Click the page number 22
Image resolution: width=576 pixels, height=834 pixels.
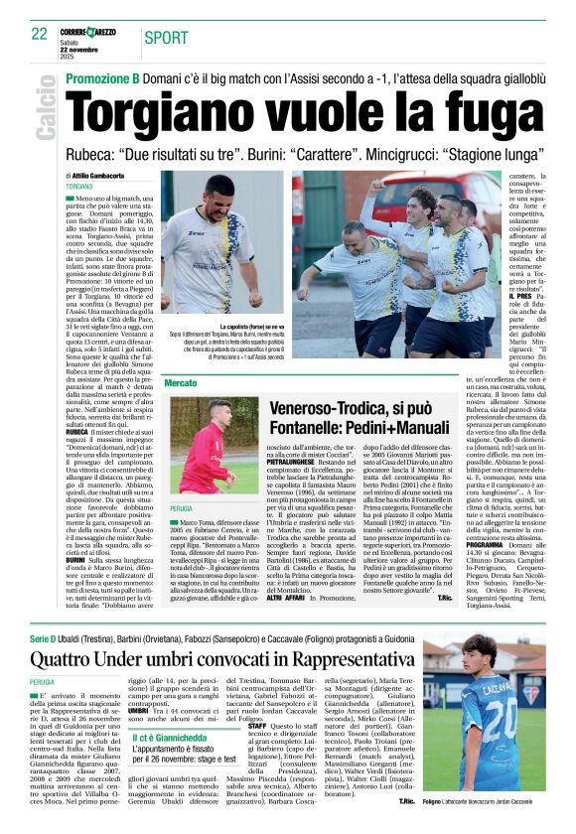(39, 34)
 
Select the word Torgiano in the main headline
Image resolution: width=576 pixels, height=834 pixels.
(158, 106)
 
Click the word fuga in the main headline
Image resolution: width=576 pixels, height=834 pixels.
(493, 106)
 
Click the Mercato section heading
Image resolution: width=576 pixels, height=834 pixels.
(182, 382)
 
